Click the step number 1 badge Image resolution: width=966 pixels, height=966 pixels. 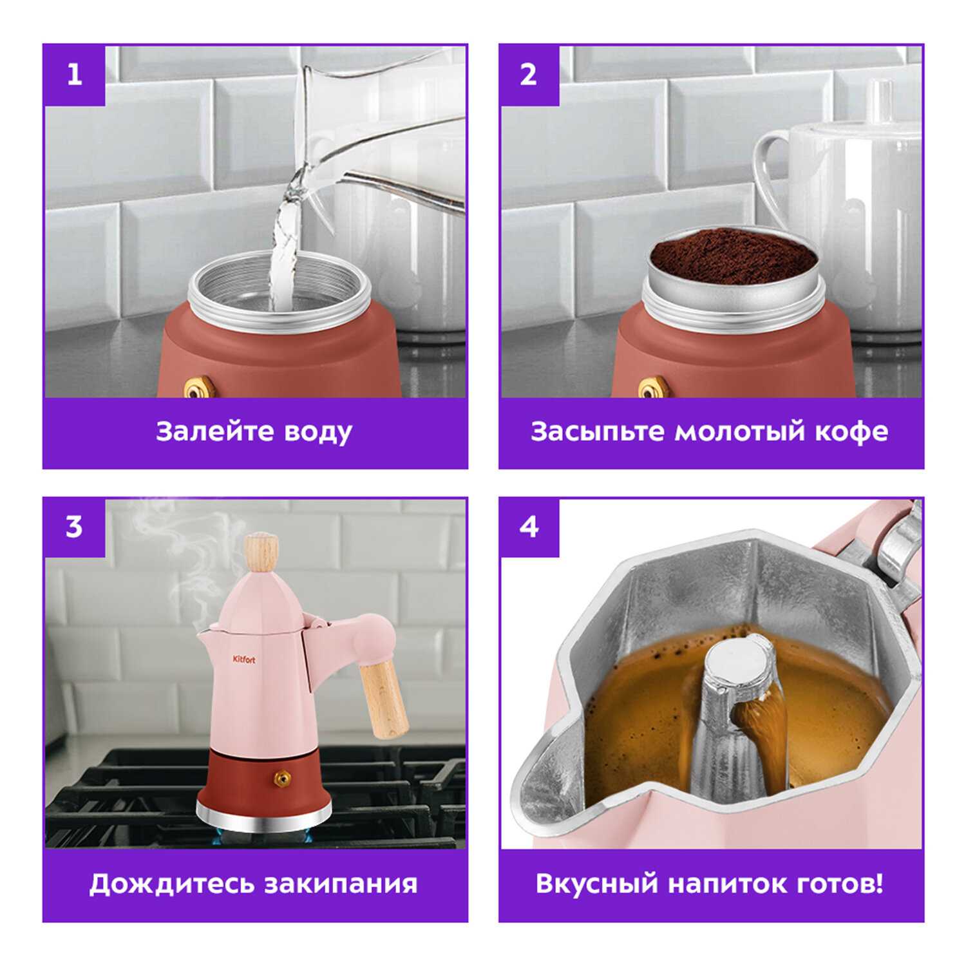[x=74, y=75]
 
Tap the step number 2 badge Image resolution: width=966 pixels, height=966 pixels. [x=529, y=75]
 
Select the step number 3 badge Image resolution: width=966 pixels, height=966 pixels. [x=74, y=527]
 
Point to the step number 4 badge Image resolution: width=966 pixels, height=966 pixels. [x=529, y=527]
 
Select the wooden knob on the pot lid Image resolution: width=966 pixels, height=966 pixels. [x=263, y=552]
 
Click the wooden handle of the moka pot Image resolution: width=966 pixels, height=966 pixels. [x=384, y=699]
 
